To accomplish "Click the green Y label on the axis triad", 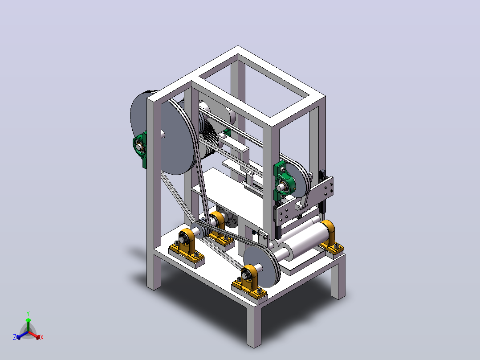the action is pyautogui.click(x=28, y=313).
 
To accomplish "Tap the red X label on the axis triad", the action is pyautogui.click(x=42, y=337).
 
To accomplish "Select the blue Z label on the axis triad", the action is pyautogui.click(x=15, y=337).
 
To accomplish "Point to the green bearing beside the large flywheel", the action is pyautogui.click(x=140, y=149).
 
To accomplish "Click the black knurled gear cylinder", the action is pyautogui.click(x=210, y=138).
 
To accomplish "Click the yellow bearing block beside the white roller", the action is pyautogui.click(x=330, y=237).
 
